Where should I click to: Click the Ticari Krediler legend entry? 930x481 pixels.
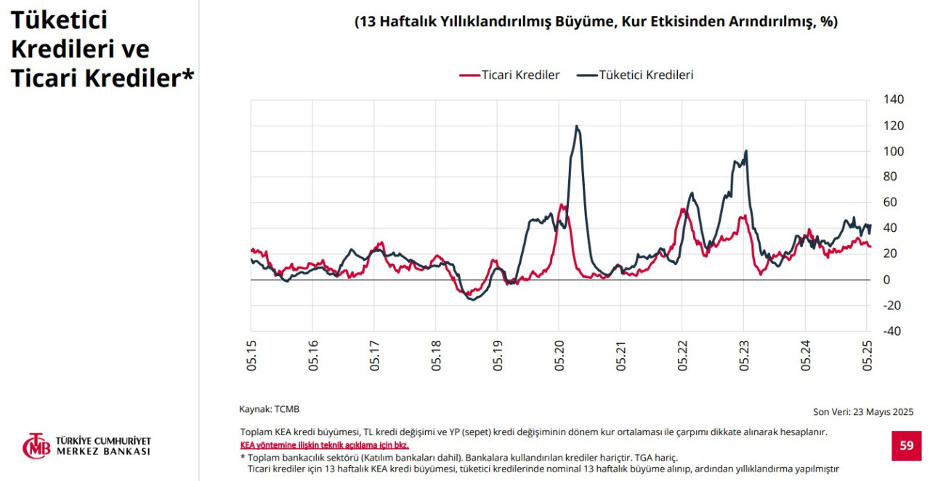520,75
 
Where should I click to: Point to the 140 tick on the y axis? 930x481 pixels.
893,100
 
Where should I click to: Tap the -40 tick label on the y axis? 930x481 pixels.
891,331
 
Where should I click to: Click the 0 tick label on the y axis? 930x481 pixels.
887,280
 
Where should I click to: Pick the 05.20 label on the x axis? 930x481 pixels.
559,355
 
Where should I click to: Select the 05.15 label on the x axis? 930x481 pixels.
251,355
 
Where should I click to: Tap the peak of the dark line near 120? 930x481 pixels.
577,126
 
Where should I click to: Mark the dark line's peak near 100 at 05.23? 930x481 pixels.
745,151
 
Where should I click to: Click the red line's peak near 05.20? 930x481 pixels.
562,205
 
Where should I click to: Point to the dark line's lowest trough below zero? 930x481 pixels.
472,299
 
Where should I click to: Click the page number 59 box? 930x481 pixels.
906,445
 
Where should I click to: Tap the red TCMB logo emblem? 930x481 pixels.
36,446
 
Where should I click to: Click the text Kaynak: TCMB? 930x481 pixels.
269,409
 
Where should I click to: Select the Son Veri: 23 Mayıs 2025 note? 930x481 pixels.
863,412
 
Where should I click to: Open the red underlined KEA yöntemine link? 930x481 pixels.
324,445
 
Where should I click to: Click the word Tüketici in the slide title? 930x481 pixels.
59,20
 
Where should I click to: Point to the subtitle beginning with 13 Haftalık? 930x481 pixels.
596,22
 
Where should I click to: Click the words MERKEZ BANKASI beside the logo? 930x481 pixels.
103,451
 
